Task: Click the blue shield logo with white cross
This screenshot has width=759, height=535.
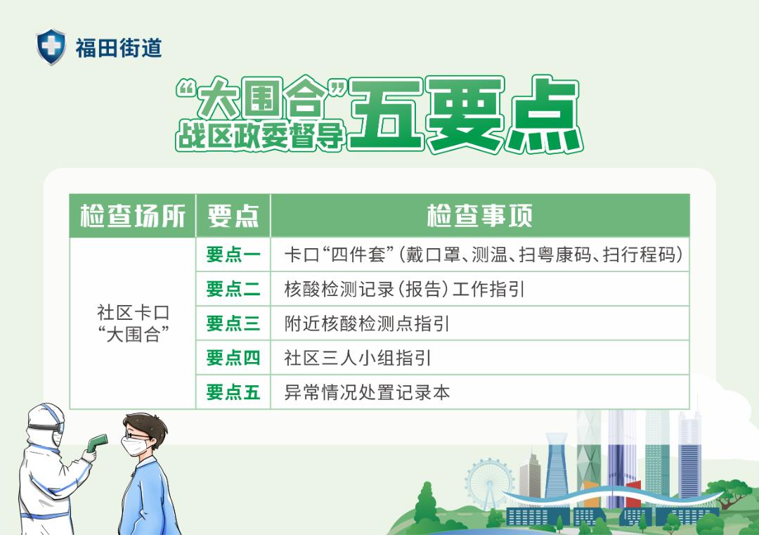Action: coord(51,46)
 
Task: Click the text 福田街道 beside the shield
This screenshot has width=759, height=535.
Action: coord(119,48)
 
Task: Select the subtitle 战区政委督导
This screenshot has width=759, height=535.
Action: coord(261,134)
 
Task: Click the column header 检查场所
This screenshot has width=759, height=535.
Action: coord(133,216)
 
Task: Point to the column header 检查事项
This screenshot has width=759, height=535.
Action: coord(480,216)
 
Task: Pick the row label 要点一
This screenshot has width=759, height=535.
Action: coord(233,254)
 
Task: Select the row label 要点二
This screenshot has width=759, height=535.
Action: coord(233,289)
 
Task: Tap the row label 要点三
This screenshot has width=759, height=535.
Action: coord(233,323)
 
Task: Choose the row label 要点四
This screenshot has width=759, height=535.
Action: coord(233,358)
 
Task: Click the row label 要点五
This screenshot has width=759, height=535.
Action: coord(233,392)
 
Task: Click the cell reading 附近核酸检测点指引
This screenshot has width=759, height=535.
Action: coord(367,323)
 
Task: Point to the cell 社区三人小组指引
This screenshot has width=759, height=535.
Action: coord(357,358)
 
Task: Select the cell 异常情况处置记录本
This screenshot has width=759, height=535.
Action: coord(367,392)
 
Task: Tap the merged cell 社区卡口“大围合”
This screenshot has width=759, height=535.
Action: coord(133,323)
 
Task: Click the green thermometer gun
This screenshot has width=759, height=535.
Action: coord(96,442)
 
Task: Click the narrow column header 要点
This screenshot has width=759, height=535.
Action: coord(233,216)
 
